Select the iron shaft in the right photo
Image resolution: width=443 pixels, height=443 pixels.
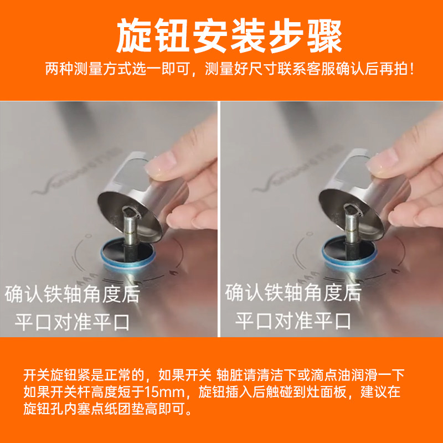pyautogui.click(x=351, y=227)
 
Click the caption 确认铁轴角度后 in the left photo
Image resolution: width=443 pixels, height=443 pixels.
pyautogui.click(x=73, y=293)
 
